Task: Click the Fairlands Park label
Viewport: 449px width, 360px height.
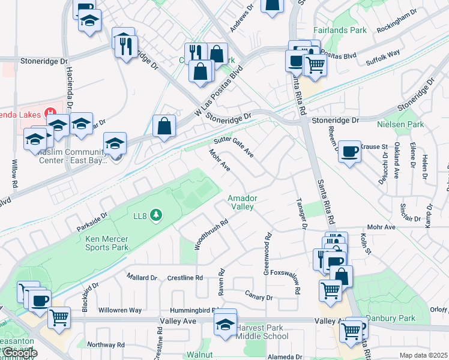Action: [x=340, y=29]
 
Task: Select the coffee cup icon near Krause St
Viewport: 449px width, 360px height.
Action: [x=349, y=151]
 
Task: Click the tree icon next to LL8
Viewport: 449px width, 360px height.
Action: [x=156, y=214]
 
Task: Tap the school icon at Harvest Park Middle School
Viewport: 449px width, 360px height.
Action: [x=225, y=325]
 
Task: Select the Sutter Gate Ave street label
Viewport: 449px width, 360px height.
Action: [x=234, y=148]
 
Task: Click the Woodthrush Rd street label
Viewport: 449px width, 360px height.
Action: [x=212, y=234]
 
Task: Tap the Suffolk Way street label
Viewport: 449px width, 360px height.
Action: [x=384, y=54]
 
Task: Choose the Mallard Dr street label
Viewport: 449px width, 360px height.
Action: [x=142, y=277]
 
